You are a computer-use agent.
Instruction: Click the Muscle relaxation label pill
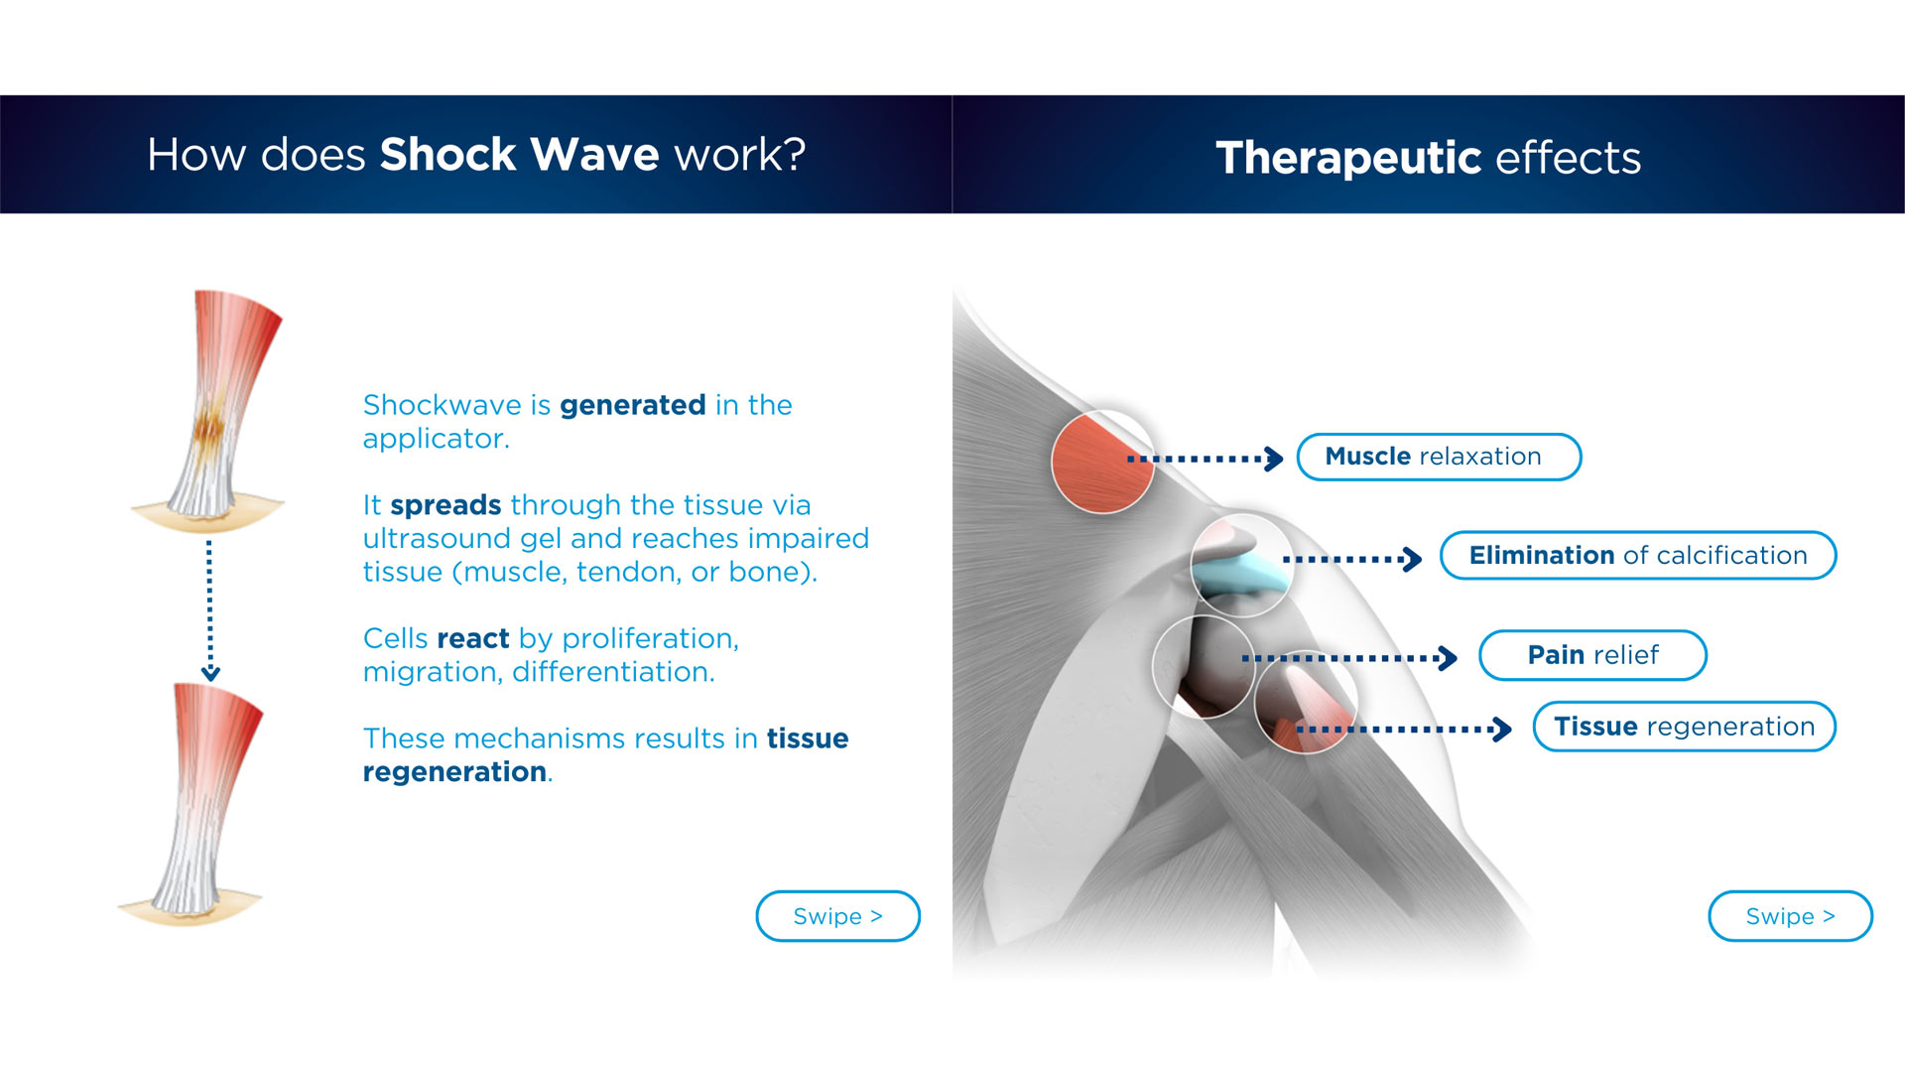(1439, 457)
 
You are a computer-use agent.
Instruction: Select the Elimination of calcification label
(1638, 555)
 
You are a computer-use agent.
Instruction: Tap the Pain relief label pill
(1592, 655)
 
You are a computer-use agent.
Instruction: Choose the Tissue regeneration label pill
(1684, 727)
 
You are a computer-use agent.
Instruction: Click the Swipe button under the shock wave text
(838, 916)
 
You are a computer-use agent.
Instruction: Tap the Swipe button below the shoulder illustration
(1790, 916)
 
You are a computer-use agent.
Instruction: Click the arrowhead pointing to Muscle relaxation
(1275, 459)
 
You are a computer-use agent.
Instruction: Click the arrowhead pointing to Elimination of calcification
(1412, 560)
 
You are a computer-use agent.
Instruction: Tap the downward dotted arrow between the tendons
(209, 610)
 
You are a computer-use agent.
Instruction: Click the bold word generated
(633, 405)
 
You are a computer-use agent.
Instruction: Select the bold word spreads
(445, 505)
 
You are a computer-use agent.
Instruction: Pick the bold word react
(472, 638)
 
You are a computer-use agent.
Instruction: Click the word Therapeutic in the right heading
(1348, 158)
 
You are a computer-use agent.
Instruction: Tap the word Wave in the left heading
(594, 155)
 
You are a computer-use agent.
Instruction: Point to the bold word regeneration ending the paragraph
(454, 772)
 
